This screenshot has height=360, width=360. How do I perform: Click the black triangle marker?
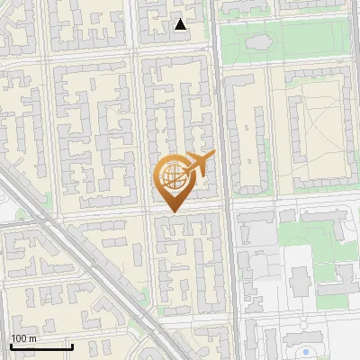click(181, 24)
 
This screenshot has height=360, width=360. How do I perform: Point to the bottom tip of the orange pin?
click(172, 211)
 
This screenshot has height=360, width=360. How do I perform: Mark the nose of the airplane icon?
click(213, 155)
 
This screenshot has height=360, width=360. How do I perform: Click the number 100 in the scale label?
click(18, 338)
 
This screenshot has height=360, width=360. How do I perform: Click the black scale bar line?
click(41, 346)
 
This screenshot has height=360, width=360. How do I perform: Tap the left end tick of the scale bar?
click(11, 345)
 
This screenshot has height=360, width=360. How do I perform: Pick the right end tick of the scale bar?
click(72, 345)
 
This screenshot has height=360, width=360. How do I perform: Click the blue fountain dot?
click(308, 351)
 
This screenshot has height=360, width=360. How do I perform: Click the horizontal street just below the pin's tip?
click(180, 215)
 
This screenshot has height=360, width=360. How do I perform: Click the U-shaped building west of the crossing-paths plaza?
click(247, 135)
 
